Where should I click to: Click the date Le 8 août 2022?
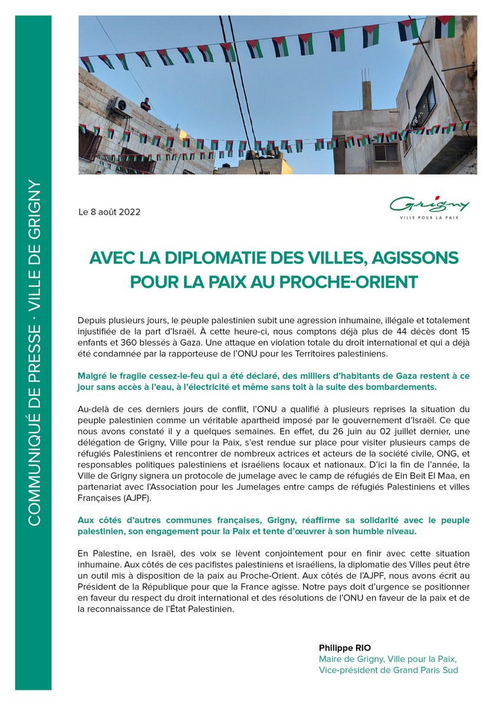pos(109,212)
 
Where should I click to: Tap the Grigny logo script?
pos(430,204)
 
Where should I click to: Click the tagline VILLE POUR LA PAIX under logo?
pos(430,218)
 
